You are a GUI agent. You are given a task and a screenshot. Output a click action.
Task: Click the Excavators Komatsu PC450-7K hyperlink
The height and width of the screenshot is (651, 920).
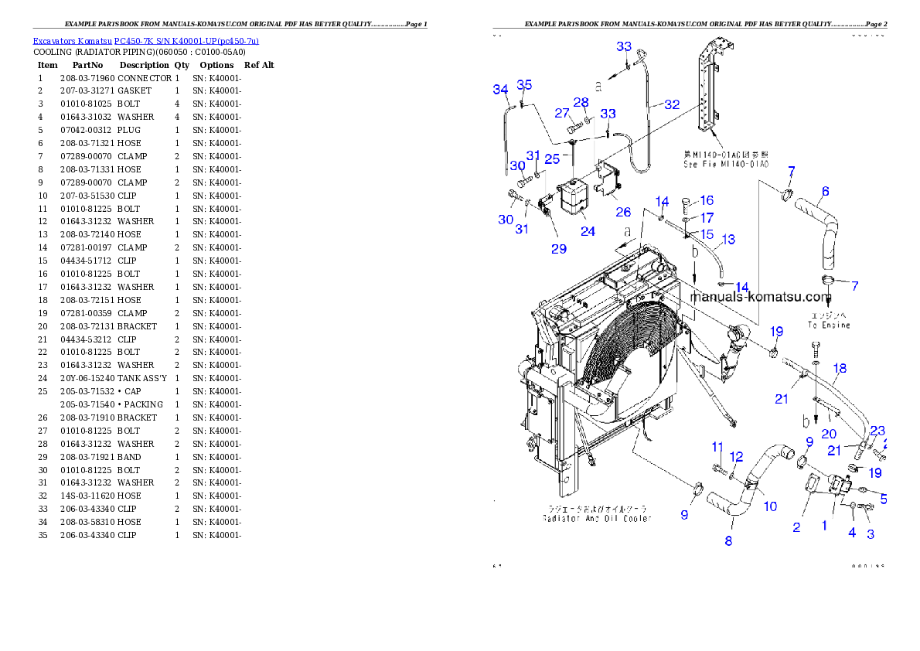(145, 40)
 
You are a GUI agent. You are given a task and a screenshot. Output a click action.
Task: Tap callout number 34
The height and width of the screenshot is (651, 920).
(500, 90)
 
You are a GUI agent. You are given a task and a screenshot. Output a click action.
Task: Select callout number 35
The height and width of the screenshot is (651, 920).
(524, 84)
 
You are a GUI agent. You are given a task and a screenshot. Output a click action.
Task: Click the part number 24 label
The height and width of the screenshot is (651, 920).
(588, 230)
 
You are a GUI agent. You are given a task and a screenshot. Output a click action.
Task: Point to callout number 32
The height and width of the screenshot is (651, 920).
(672, 104)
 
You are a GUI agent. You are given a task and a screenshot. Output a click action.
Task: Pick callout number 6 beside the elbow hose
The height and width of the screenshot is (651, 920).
(825, 191)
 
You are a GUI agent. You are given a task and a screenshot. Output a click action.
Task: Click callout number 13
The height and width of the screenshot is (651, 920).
(728, 239)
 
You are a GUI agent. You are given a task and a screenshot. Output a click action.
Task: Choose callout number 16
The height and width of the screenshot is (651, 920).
(707, 201)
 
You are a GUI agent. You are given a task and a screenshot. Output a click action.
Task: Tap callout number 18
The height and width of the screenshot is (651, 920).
(840, 369)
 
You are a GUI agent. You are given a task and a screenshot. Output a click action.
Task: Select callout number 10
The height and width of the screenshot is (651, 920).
(770, 506)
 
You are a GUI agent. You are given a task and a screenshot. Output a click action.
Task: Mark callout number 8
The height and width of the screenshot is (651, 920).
(728, 541)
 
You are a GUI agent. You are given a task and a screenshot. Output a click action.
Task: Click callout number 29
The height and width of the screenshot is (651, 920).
(558, 248)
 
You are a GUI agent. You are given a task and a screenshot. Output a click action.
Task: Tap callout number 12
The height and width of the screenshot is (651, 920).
(736, 457)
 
